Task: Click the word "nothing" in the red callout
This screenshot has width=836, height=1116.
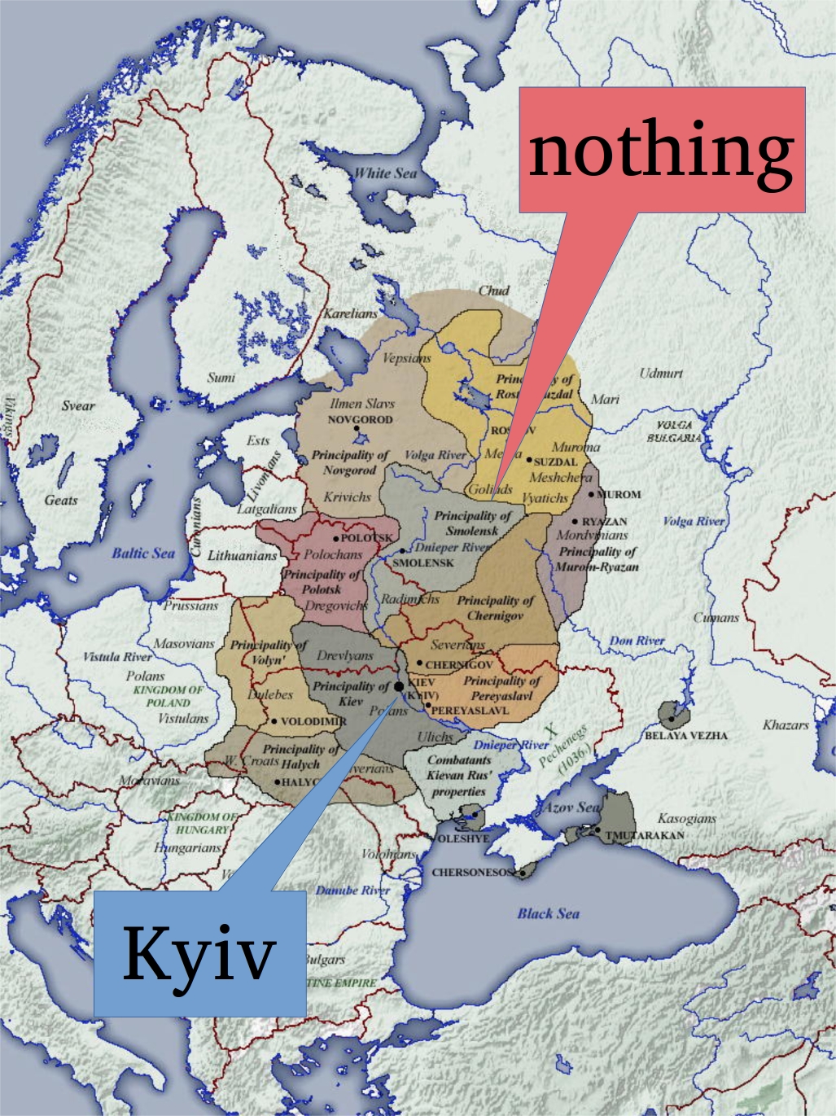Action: coord(661,151)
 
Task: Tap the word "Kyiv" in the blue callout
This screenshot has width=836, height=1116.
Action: coord(199,953)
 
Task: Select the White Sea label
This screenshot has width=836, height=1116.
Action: coord(385,173)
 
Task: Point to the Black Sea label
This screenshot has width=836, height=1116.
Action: coord(548,913)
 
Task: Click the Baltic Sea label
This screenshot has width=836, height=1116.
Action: coord(143,554)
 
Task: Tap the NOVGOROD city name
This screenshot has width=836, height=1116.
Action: coord(360,420)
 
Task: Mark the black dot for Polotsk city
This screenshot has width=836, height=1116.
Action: coord(335,539)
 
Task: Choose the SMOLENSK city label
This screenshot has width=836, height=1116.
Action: coord(422,562)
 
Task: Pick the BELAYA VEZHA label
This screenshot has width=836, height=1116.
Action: coord(686,735)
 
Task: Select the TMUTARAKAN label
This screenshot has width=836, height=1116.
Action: coord(644,835)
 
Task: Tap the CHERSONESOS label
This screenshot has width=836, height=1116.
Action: coord(472,872)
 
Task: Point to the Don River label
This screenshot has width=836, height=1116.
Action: coord(637,641)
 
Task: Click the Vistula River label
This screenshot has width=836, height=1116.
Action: coord(117,656)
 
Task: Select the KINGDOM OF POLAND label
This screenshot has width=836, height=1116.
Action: coord(169,696)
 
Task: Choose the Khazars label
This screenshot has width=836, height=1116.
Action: coord(786,724)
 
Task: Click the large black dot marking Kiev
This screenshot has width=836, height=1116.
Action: coord(399,687)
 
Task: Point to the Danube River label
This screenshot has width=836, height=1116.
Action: coord(352,890)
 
